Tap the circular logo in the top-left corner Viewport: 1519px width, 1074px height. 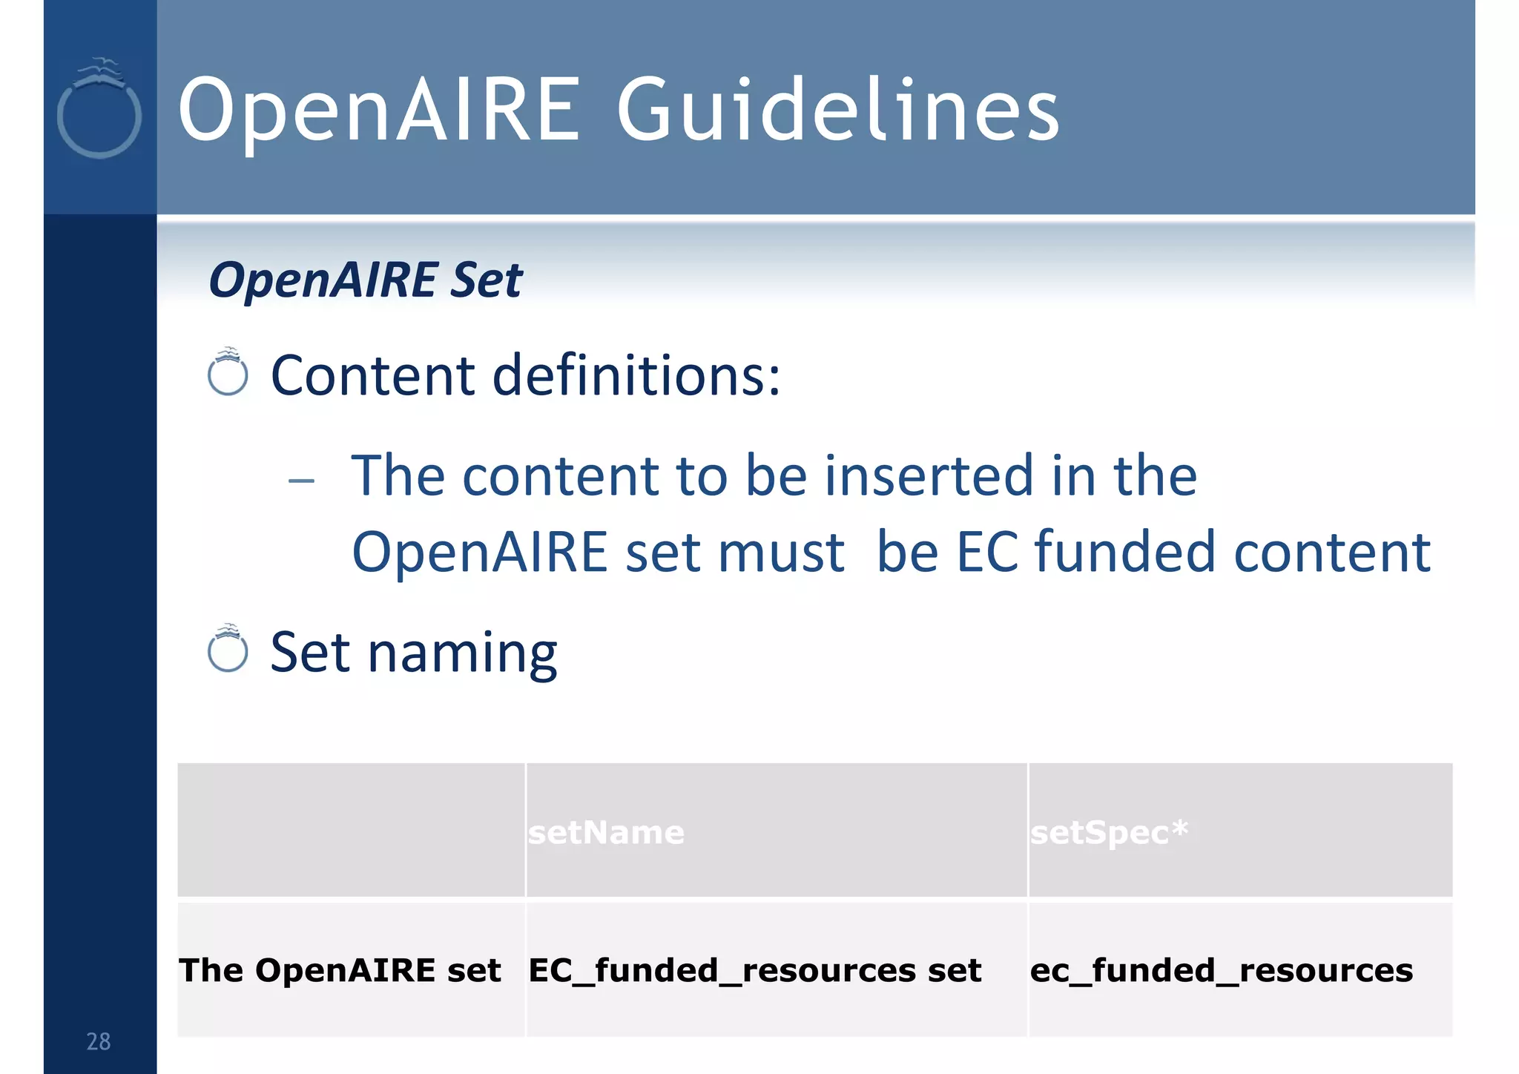point(99,111)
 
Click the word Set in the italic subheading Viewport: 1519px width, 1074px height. point(486,280)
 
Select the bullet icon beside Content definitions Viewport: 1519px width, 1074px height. point(228,372)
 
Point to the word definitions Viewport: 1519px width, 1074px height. point(636,375)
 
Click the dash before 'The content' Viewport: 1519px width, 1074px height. point(301,481)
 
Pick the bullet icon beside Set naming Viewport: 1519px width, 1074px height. point(228,650)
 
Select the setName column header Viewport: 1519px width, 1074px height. point(606,832)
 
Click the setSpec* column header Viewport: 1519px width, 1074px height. point(1108,832)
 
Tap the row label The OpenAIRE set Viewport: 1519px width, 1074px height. point(340,970)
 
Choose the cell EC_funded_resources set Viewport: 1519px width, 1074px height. point(754,970)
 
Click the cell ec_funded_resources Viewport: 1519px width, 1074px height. point(1221,970)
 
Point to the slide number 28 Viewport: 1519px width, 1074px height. point(99,1041)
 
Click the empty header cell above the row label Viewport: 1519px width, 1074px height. point(351,829)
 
